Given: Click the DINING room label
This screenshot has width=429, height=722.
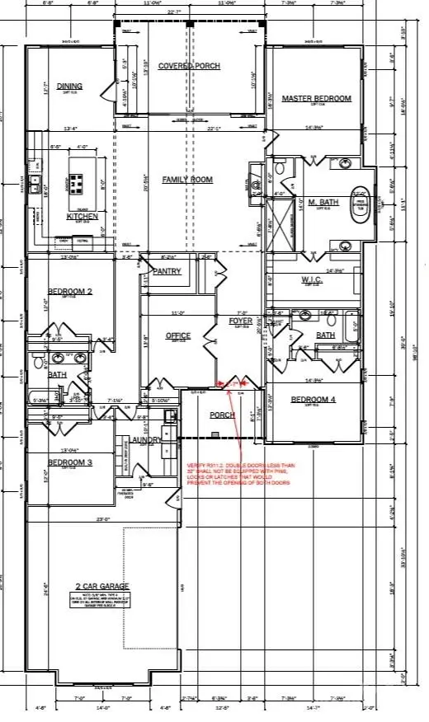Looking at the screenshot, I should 70,86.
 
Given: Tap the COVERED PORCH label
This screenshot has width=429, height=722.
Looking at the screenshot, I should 186,65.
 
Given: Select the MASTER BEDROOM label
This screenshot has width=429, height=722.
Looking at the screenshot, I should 316,99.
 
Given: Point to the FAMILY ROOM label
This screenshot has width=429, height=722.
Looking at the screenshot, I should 186,180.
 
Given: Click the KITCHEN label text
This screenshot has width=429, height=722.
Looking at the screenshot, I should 82,217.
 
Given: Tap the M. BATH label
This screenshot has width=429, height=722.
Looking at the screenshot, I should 319,202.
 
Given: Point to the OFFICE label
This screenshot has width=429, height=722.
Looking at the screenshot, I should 177,335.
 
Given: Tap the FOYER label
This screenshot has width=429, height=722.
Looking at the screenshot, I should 240,321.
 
